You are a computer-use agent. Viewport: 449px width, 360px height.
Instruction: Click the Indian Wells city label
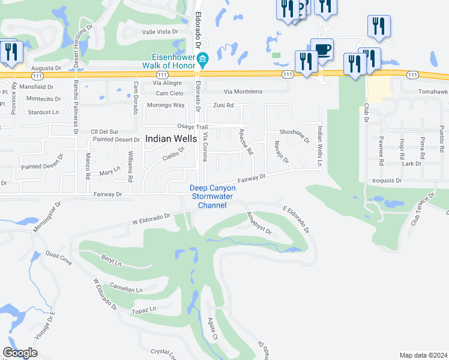coord(171,139)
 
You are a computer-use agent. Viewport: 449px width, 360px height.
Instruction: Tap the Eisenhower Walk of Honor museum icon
coord(202,58)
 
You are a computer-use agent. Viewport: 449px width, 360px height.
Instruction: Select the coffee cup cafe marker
coord(322,49)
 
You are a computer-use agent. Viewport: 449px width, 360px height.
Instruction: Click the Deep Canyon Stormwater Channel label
coord(213,197)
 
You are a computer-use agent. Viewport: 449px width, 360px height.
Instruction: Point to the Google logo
coord(20,353)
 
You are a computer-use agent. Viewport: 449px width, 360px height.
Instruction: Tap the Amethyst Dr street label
coord(259,223)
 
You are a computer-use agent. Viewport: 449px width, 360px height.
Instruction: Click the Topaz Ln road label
coord(144,310)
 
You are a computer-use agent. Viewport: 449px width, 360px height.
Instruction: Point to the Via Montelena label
coord(243,92)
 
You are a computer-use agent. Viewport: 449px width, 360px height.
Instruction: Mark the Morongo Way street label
coord(170,105)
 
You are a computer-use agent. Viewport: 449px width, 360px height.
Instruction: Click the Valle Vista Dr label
coord(159,31)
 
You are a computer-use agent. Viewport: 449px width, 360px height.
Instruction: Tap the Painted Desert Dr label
coord(116,140)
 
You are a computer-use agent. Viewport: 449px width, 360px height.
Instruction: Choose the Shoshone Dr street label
coord(294,136)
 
